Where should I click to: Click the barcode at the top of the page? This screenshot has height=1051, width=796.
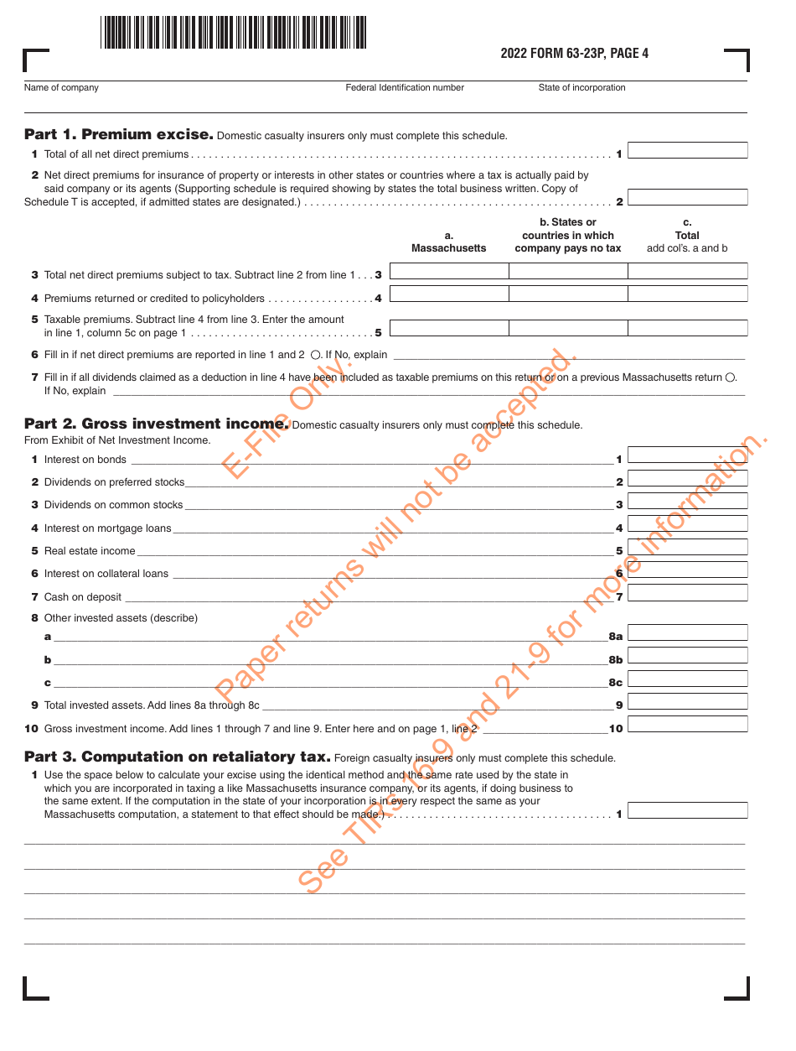tap(233, 33)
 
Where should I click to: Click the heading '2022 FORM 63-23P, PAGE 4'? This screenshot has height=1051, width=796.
tap(574, 54)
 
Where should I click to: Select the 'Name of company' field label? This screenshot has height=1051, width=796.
tap(61, 88)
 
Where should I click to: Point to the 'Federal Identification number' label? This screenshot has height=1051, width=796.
tap(405, 88)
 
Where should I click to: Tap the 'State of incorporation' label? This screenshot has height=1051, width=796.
tap(581, 88)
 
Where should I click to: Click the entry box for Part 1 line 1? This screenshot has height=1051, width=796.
tap(687, 151)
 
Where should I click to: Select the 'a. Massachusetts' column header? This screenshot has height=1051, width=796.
tap(448, 242)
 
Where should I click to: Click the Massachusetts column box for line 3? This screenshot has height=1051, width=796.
tap(449, 271)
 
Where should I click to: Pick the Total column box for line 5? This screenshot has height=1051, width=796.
tap(687, 328)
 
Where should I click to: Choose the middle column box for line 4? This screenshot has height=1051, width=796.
tap(568, 294)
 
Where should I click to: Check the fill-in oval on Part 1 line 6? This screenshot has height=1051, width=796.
tap(315, 355)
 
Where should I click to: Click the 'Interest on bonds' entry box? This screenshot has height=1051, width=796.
tap(687, 455)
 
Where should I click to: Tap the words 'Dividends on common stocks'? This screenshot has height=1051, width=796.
tap(113, 505)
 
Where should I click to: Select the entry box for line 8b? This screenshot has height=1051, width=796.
tap(687, 656)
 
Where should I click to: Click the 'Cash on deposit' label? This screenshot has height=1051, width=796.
tap(82, 597)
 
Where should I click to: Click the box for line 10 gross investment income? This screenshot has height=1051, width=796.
tap(687, 725)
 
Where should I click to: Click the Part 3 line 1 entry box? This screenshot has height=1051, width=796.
tap(687, 811)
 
